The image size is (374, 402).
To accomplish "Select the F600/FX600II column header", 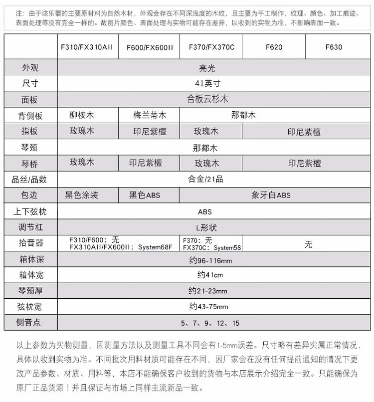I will click(150, 47).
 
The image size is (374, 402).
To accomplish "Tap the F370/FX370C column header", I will click(211, 47).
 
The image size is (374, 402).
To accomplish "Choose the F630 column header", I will click(334, 47).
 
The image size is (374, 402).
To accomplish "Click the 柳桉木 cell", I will click(82, 115).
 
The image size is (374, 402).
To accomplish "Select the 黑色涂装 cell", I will click(82, 195).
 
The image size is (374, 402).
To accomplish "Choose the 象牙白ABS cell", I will click(271, 195).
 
